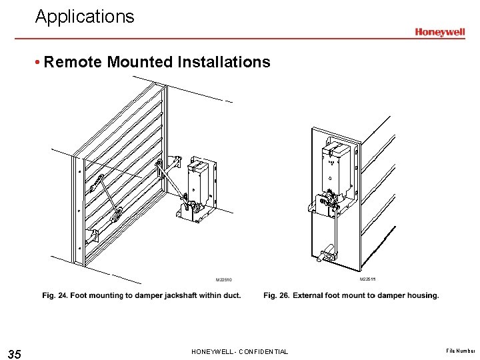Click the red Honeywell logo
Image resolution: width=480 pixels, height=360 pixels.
440,32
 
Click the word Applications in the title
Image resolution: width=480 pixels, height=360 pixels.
85,17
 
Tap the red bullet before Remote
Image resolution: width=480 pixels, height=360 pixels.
39,63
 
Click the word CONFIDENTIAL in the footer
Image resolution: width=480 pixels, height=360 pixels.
263,352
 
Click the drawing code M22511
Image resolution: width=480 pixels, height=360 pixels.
369,279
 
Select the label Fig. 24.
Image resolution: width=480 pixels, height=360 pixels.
55,295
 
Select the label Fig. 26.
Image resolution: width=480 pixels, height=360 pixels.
276,295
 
